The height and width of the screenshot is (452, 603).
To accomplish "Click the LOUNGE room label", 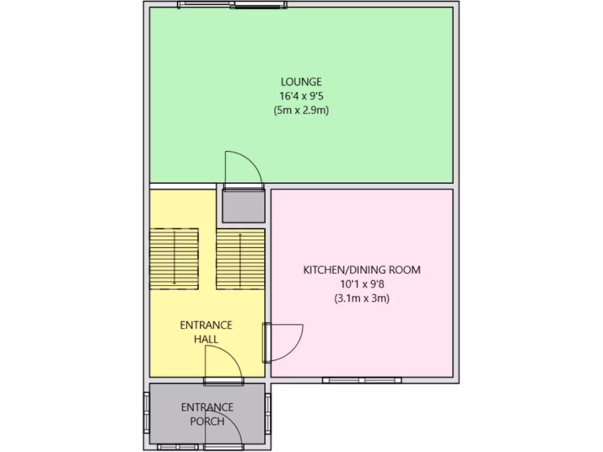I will pyautogui.click(x=301, y=82).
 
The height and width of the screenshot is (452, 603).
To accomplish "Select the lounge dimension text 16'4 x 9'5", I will pyautogui.click(x=301, y=95).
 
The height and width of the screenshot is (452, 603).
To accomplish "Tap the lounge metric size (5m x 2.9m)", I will pyautogui.click(x=301, y=109).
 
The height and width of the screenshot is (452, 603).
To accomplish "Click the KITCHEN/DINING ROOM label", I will pyautogui.click(x=362, y=270).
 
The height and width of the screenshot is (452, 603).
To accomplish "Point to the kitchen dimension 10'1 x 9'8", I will pyautogui.click(x=362, y=284).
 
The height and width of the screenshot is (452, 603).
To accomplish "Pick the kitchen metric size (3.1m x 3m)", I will pyautogui.click(x=362, y=298).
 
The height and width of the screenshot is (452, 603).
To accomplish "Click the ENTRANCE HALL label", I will pyautogui.click(x=206, y=332).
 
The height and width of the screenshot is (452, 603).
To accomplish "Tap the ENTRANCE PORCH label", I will pyautogui.click(x=207, y=414).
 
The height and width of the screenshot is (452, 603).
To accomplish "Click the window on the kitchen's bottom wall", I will pyautogui.click(x=362, y=380).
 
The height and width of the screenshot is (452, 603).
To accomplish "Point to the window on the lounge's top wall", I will pyautogui.click(x=233, y=5).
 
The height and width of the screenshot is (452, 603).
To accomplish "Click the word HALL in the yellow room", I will pyautogui.click(x=206, y=339).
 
